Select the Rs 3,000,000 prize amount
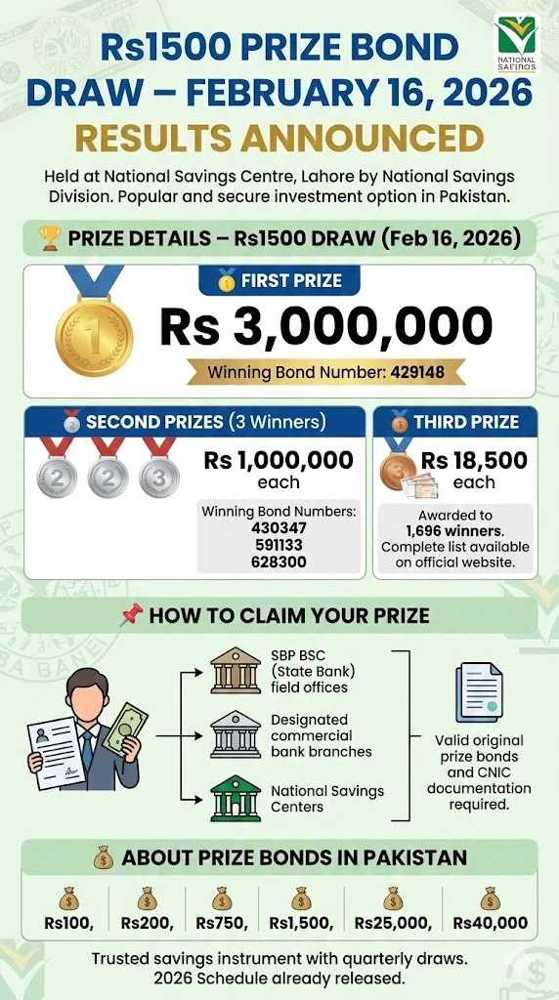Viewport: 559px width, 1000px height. point(325,326)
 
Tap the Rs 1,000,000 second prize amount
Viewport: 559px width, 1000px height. point(279,461)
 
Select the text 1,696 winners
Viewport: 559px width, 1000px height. point(453,531)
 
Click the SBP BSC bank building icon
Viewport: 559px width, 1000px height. point(236,673)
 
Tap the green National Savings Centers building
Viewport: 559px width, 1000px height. point(236,798)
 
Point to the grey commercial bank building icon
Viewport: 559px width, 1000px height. point(236,735)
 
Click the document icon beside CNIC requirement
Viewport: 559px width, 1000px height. point(479,693)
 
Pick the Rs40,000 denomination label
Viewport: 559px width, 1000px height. point(491,923)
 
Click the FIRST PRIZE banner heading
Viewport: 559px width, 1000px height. point(280,281)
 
